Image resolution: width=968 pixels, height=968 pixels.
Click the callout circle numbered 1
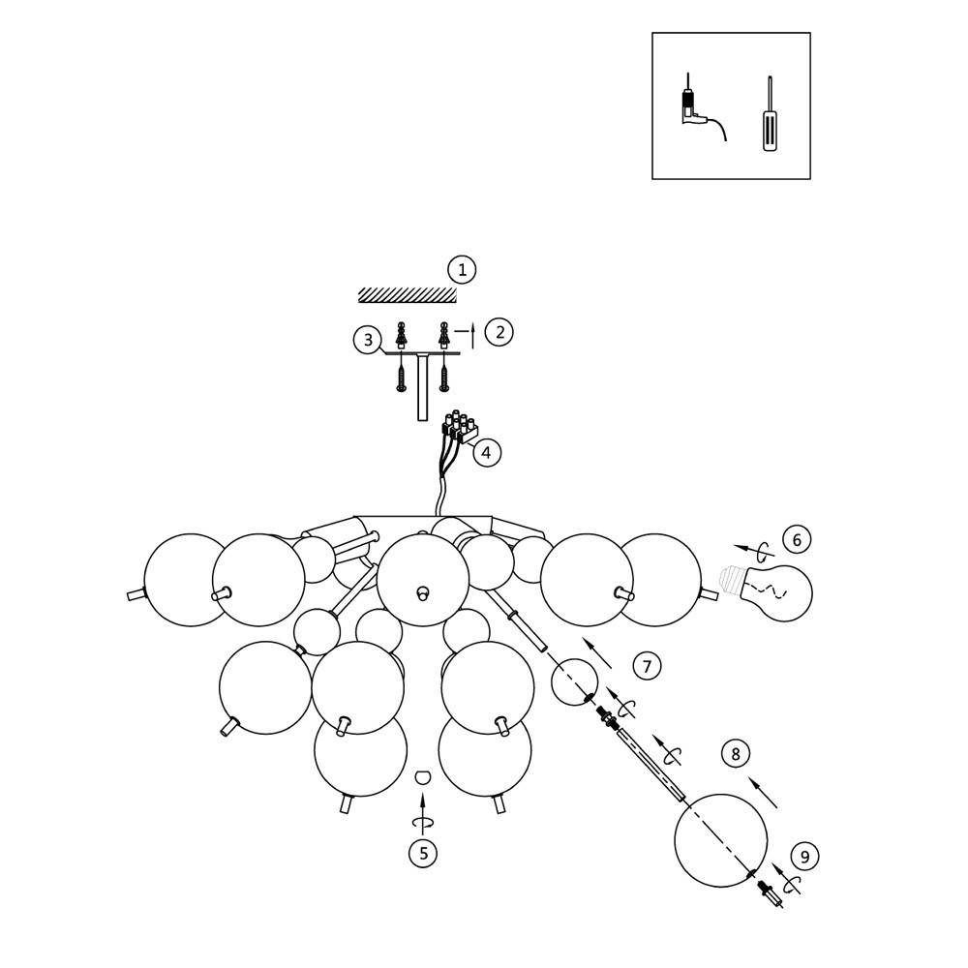462,269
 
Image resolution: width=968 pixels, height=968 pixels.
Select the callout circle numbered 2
499,332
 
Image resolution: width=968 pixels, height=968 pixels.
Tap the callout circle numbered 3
367,340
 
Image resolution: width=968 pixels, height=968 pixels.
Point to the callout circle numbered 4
486,452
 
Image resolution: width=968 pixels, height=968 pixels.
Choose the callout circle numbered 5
422,854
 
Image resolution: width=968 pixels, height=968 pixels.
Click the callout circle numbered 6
796,539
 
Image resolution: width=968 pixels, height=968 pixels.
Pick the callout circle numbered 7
648,665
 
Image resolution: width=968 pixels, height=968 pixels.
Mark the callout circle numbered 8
736,753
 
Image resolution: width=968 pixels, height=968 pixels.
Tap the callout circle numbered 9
804,856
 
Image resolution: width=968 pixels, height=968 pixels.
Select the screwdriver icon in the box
770,118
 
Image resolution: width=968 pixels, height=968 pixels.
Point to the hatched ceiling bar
407,294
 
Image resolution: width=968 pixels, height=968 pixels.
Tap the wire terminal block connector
462,428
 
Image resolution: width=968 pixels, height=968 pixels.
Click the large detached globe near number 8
720,840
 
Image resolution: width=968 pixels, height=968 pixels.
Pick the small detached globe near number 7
574,681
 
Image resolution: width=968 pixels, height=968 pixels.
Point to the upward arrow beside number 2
471,334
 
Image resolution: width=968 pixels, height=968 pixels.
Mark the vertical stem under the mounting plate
422,386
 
